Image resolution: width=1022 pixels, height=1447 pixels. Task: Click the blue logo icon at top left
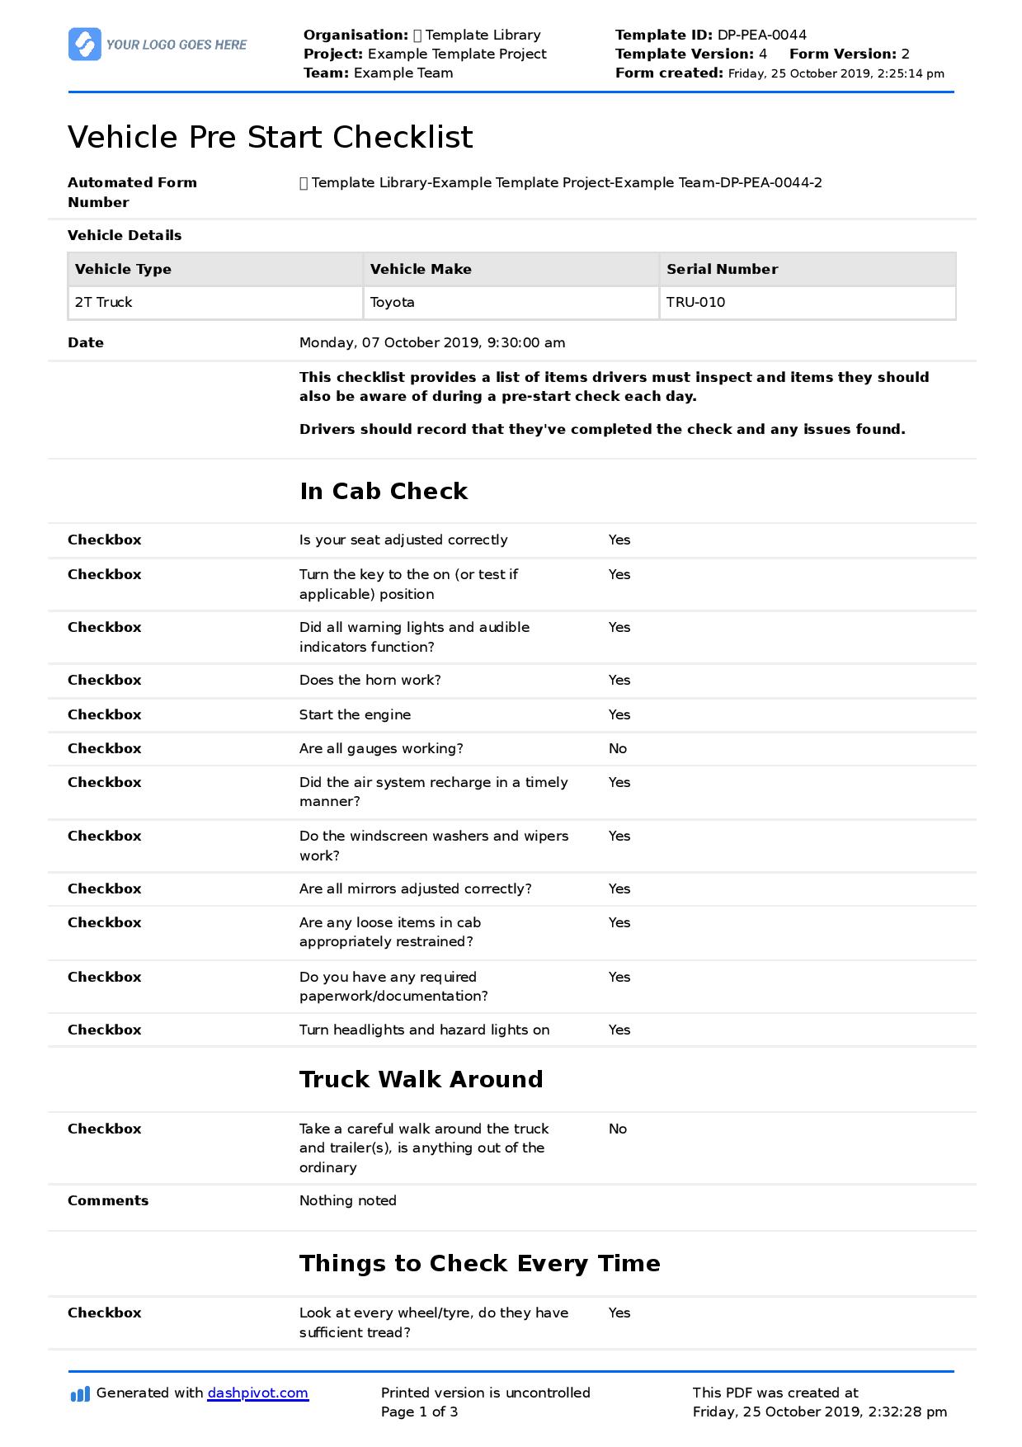(x=84, y=45)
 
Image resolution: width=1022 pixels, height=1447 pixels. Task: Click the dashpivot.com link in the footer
(x=257, y=1393)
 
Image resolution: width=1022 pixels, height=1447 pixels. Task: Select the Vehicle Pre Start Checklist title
(x=271, y=137)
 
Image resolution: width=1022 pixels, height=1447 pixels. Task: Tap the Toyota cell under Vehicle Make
(x=393, y=302)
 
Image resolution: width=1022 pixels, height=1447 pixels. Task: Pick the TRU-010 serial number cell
(x=695, y=302)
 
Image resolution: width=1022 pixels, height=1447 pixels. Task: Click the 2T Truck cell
(x=104, y=302)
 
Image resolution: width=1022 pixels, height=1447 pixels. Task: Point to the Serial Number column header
(x=722, y=269)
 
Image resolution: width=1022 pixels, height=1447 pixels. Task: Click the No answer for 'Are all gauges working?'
(x=618, y=748)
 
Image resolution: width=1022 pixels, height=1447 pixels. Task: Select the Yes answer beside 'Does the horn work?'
(x=619, y=680)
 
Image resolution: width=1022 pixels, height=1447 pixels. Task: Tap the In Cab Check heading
(x=384, y=491)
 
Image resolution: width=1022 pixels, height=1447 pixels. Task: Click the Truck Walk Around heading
(x=421, y=1079)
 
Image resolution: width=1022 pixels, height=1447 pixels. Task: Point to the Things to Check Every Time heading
(x=479, y=1263)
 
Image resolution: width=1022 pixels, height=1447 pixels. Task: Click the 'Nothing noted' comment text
(x=347, y=1200)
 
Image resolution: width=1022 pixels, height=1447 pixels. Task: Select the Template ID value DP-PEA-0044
(x=761, y=35)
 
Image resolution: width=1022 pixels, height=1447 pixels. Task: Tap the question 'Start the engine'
(x=355, y=714)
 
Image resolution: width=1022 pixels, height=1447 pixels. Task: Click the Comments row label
(x=108, y=1200)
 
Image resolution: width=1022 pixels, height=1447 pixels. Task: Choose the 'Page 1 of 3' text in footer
(x=419, y=1412)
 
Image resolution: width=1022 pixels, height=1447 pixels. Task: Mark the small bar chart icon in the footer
(x=80, y=1394)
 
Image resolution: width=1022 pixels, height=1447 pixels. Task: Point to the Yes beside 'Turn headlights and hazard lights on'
(x=619, y=1030)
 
